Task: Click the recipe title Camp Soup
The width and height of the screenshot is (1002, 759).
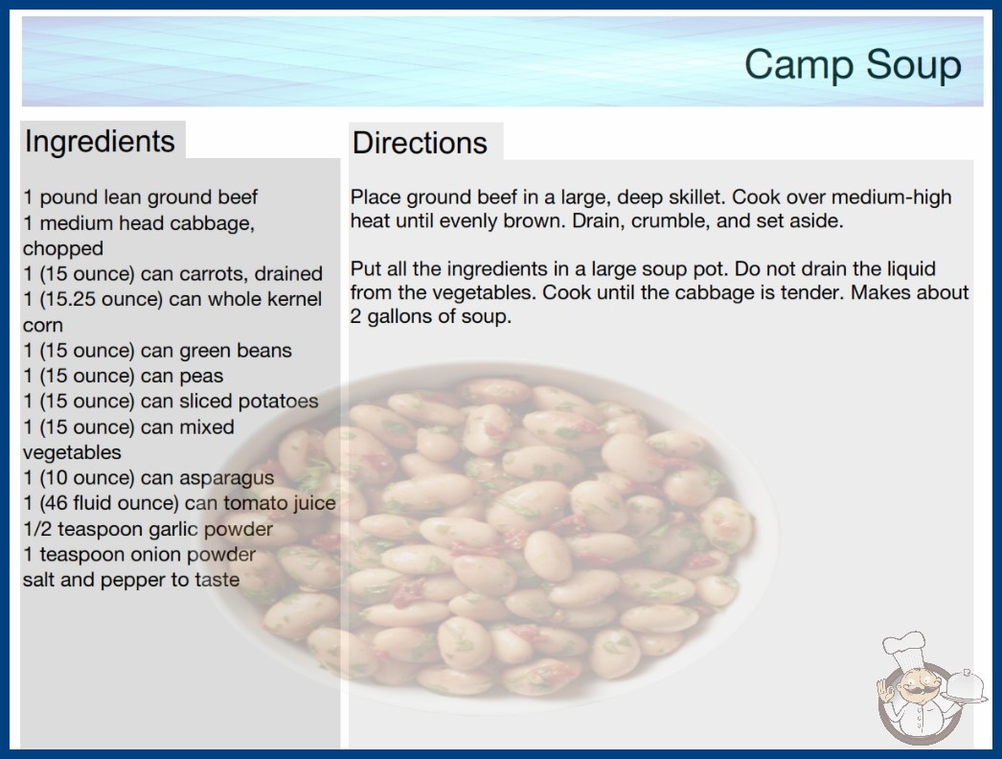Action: click(854, 64)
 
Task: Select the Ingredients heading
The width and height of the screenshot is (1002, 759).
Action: click(100, 141)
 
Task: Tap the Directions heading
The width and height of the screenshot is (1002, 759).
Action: click(420, 143)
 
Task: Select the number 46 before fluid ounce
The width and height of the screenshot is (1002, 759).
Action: click(57, 503)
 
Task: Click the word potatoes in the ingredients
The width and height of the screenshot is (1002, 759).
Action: click(276, 401)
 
